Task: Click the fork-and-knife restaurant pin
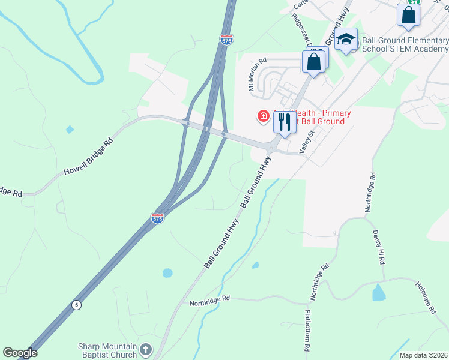click(x=284, y=122)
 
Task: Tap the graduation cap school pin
click(x=346, y=40)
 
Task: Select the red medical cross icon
click(x=263, y=116)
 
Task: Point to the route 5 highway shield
click(x=76, y=305)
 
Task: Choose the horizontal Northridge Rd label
click(x=210, y=298)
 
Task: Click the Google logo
click(x=20, y=353)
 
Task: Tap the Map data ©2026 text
click(x=423, y=355)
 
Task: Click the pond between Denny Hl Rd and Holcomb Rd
click(x=379, y=293)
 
